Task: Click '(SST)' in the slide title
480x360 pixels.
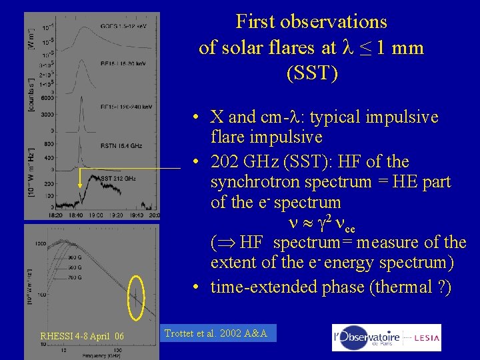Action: pos(311,73)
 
